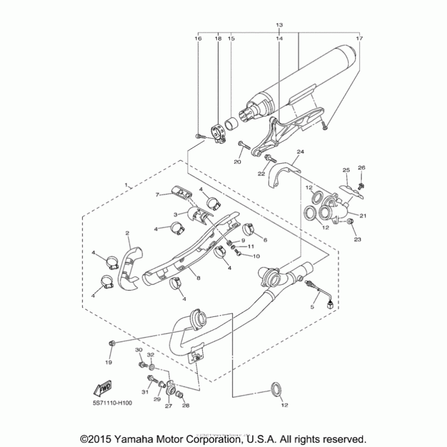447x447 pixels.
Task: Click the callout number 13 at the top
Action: (x=279, y=26)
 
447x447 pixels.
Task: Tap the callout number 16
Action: (x=198, y=39)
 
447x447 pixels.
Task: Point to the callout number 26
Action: (x=361, y=168)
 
